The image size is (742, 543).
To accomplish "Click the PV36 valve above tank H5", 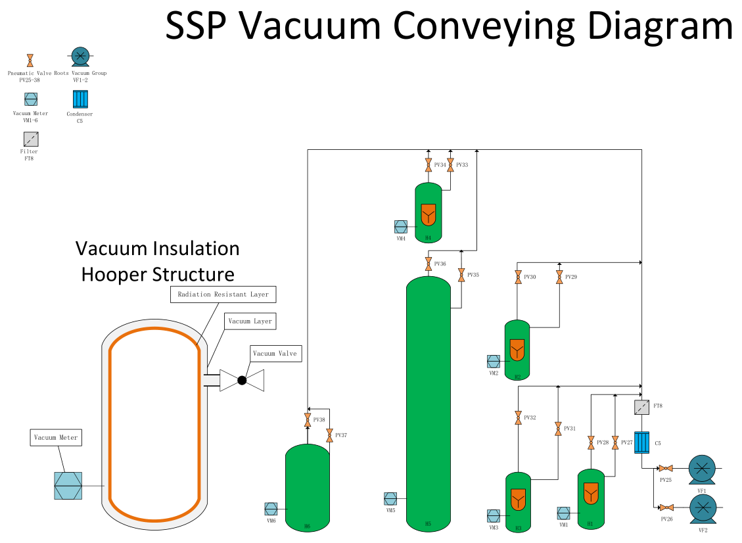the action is (x=429, y=264).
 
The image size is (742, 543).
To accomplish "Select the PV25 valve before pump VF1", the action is (x=666, y=468).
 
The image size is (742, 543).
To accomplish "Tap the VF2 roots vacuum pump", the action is (x=703, y=509).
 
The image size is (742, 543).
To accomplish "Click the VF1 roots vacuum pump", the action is (x=703, y=469).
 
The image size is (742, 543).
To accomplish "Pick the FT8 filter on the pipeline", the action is (x=641, y=407).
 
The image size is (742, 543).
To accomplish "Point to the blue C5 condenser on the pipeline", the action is (x=641, y=442).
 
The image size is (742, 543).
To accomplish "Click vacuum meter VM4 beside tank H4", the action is (x=401, y=227).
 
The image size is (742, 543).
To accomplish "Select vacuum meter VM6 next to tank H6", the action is (x=271, y=509).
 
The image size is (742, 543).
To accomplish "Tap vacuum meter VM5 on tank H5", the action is (x=390, y=498).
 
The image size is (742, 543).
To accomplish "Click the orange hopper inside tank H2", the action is (x=517, y=349).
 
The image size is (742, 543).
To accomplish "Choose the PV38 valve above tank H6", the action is (x=308, y=420).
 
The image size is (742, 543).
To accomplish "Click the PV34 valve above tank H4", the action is (x=429, y=165).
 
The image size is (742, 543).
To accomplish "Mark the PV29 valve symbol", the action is (x=559, y=277).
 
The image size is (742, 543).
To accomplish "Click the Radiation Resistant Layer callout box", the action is (x=223, y=295).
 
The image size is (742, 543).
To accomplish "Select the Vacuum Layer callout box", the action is (x=250, y=321).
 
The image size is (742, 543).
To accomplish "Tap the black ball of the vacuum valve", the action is (x=242, y=380).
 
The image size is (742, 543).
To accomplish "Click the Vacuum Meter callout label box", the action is (x=56, y=437).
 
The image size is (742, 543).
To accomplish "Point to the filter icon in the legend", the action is (x=31, y=139).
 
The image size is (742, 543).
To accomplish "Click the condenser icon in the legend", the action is (x=80, y=99).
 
